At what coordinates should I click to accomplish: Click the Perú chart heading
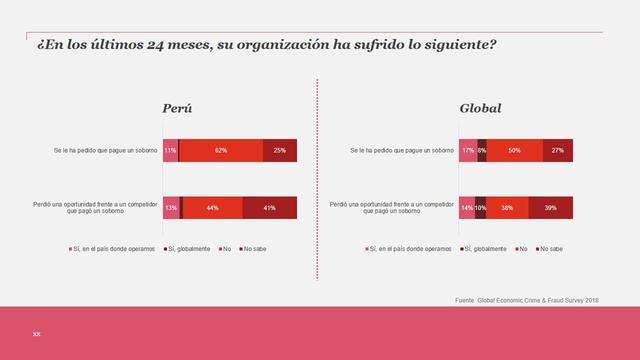pos(177,108)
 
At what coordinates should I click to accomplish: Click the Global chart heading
pos(480,108)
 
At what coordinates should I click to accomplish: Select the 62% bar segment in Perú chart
pos(221,151)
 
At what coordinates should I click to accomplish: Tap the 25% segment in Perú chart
pos(280,151)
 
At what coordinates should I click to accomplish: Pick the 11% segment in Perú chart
pos(170,151)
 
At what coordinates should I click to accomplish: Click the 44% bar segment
pos(213,208)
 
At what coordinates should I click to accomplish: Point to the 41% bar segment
pos(270,208)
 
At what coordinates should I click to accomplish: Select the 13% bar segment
pos(171,208)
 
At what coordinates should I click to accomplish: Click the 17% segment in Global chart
pos(467,151)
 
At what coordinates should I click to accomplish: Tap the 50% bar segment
pos(514,151)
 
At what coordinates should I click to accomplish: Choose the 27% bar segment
pos(557,151)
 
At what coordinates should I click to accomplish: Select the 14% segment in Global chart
pos(466,208)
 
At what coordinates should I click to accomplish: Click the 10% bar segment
pos(480,208)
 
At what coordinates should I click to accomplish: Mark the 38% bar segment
pos(507,208)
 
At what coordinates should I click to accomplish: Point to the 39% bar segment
pos(550,208)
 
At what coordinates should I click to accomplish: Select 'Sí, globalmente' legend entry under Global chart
pos(460,248)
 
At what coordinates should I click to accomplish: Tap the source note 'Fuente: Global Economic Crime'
pos(527,299)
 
